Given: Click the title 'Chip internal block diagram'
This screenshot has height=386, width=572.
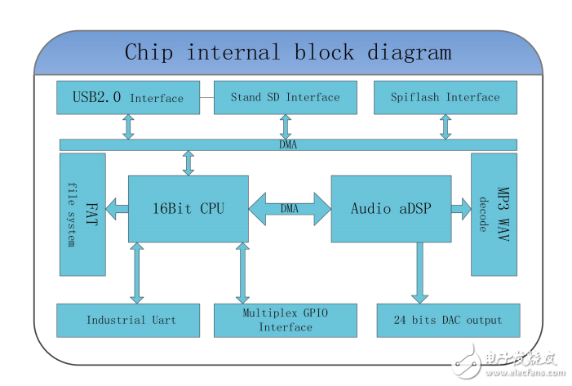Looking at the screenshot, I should pyautogui.click(x=287, y=53).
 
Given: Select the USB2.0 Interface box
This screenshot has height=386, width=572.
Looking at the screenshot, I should pyautogui.click(x=128, y=98).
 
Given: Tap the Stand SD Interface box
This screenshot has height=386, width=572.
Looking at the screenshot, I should pyautogui.click(x=285, y=98).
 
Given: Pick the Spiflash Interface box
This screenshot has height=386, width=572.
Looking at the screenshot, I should pyautogui.click(x=445, y=98).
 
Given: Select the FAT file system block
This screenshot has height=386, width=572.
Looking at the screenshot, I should pyautogui.click(x=82, y=214).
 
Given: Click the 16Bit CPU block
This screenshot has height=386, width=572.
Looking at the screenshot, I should pyautogui.click(x=188, y=209).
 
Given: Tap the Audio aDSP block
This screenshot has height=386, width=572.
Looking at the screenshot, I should pyautogui.click(x=391, y=209).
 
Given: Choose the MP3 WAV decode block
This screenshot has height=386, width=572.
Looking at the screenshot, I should pyautogui.click(x=494, y=214).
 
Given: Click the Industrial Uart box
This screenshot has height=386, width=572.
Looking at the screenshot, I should pyautogui.click(x=131, y=320).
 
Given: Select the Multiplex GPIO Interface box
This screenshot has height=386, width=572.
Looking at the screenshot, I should pyautogui.click(x=286, y=320).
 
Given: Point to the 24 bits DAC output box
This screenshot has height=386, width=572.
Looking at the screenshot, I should pyautogui.click(x=448, y=320).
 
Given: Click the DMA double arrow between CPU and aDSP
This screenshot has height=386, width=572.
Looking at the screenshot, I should pyautogui.click(x=290, y=209).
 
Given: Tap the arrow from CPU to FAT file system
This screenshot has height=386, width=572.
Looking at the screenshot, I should pyautogui.click(x=117, y=209).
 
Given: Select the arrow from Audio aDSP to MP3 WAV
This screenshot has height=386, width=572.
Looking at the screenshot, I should pyautogui.click(x=461, y=209).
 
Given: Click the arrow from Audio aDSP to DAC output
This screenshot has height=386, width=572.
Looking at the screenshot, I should pyautogui.click(x=420, y=273).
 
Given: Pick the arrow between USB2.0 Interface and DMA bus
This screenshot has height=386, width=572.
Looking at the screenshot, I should pyautogui.click(x=128, y=126).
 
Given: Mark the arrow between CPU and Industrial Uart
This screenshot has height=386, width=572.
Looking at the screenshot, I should pyautogui.click(x=137, y=273).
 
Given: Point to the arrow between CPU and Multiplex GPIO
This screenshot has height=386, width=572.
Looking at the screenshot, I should pyautogui.click(x=242, y=273).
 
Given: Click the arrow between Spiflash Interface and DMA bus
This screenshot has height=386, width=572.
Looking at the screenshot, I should pyautogui.click(x=445, y=126).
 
